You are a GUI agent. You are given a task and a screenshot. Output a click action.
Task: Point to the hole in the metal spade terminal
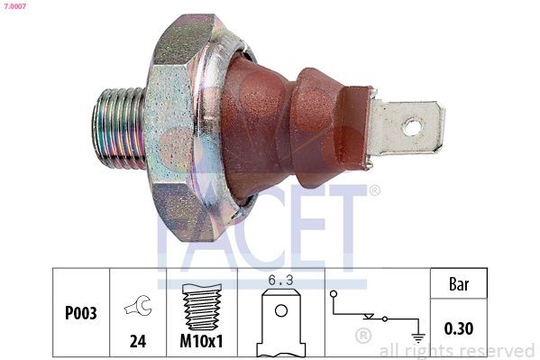(412, 127)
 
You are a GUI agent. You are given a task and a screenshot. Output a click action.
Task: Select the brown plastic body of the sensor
(288, 126)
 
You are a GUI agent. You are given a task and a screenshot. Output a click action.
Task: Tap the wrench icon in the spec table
(139, 308)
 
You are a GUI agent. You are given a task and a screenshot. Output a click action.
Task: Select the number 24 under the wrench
(139, 343)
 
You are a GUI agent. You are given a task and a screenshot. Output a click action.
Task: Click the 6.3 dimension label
(281, 281)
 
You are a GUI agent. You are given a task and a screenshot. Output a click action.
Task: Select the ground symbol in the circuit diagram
(416, 337)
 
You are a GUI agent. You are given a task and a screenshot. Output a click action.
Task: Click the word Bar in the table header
(459, 283)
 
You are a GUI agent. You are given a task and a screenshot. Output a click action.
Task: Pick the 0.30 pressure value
(459, 329)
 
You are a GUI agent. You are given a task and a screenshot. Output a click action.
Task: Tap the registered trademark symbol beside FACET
(374, 190)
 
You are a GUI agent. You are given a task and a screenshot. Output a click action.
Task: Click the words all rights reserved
(457, 350)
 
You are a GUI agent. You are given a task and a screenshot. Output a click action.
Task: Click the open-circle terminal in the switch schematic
(334, 294)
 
